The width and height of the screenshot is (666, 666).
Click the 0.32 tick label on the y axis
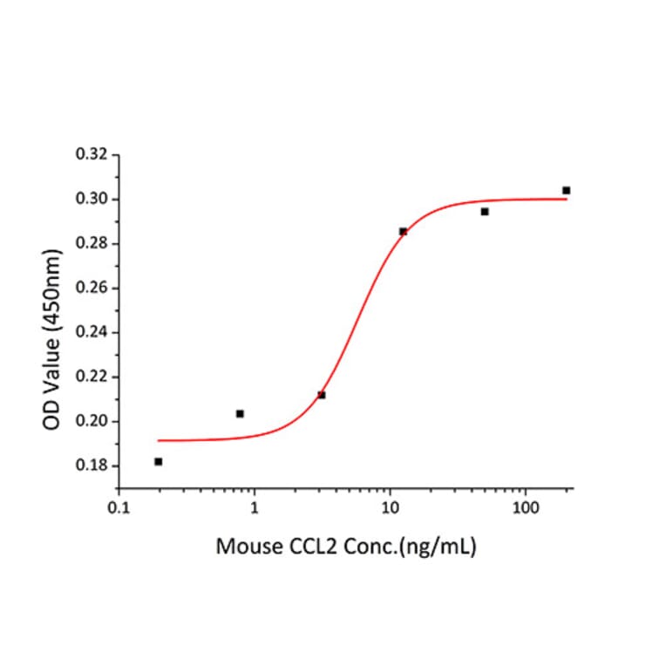click(93, 155)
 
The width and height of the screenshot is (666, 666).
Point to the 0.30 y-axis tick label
click(93, 200)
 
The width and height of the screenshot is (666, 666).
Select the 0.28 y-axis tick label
click(93, 244)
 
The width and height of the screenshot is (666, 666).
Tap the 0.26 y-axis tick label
click(93, 289)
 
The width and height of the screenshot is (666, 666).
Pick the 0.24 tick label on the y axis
click(93, 333)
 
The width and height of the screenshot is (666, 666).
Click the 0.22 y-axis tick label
click(93, 377)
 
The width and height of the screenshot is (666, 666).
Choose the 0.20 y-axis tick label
click(93, 422)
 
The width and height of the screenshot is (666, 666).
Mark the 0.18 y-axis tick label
click(93, 466)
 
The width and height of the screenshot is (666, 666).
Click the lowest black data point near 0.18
click(158, 461)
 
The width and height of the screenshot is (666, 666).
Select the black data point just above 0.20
click(240, 413)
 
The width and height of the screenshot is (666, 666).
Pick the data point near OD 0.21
click(322, 395)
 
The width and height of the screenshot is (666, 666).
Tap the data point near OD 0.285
click(403, 231)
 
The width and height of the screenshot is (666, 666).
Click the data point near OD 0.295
click(485, 212)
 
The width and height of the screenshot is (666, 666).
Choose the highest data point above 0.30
click(567, 190)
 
